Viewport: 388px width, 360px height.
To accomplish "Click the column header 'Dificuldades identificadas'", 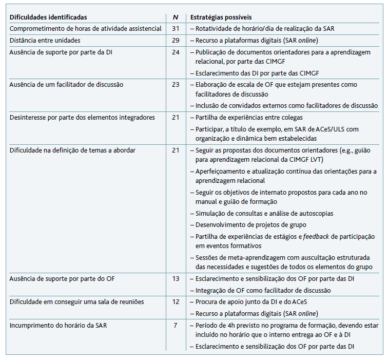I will pos(48,17).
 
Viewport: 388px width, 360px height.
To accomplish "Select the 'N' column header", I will pos(176,17).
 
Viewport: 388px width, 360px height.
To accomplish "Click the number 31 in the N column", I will pos(176,29).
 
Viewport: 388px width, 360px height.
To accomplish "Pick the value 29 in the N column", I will pos(176,40).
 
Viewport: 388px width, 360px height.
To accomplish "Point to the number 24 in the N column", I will pos(176,52).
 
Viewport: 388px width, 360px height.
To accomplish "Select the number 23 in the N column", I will pos(176,84).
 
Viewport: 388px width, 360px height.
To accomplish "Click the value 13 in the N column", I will pos(176,279).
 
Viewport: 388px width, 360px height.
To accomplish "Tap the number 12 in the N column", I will pos(176,302).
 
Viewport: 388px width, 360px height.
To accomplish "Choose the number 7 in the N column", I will pos(176,325).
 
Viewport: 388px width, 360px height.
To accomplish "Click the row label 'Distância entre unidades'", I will pos(45,40).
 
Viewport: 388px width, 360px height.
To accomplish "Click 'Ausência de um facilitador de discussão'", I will pos(66,84).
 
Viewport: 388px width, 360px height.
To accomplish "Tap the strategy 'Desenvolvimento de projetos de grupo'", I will pos(250,224).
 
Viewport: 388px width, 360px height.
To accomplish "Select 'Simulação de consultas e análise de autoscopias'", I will pos(264,213).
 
